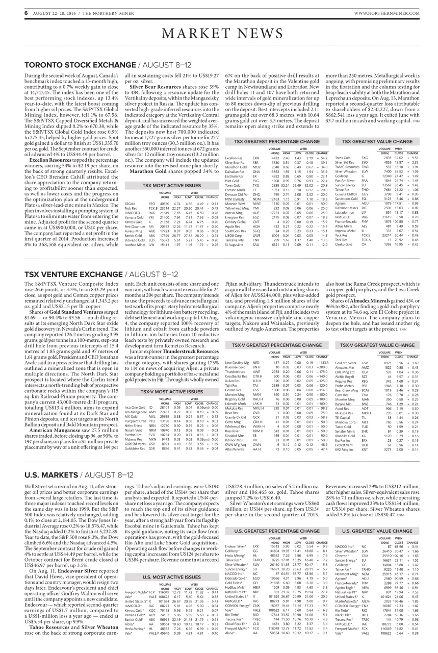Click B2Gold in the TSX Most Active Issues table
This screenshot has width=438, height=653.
[130, 204]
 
